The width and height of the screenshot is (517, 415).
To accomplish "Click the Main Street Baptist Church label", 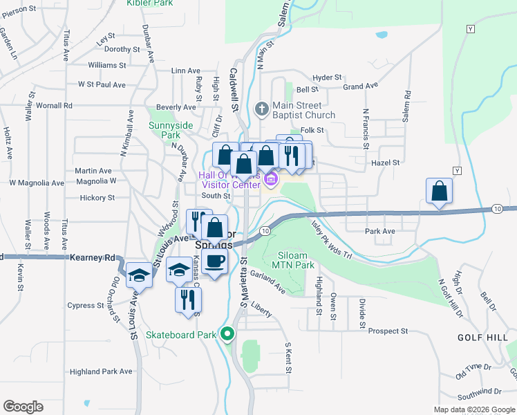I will click(303, 110).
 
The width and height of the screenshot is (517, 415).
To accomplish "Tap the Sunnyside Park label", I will click(164, 131).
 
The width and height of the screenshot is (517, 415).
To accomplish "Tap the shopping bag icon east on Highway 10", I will click(439, 190).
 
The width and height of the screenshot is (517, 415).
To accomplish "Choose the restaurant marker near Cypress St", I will click(188, 299).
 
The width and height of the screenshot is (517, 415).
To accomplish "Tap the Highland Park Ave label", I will click(101, 371).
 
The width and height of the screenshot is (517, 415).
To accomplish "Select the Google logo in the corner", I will click(23, 407).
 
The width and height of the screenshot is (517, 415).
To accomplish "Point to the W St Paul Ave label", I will click(102, 84).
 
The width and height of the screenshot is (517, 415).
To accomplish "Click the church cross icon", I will click(261, 109).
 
